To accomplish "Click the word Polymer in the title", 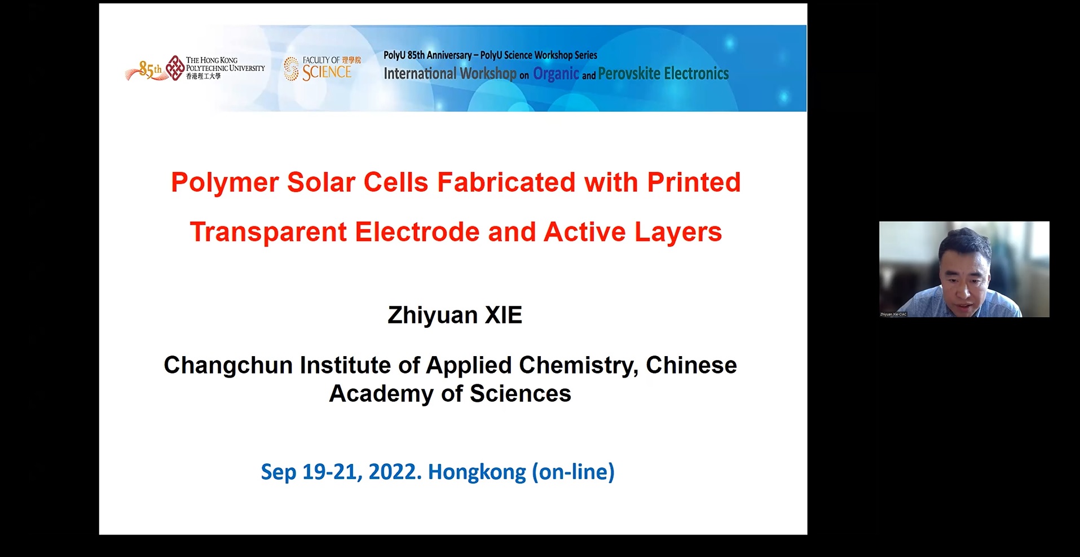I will point(224,183).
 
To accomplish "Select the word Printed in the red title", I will point(694,182).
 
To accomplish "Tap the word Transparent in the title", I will point(268,232).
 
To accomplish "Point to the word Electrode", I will point(417,232).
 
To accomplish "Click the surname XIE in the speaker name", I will point(504,315).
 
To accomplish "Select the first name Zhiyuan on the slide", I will point(433,315).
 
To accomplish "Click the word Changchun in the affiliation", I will point(228,365).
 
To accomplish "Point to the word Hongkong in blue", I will point(477,472).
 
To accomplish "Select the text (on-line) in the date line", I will point(573,472).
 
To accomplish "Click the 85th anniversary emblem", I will point(145,71).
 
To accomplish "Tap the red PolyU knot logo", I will point(175,68).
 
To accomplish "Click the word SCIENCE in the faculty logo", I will point(327,73).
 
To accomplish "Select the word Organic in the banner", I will point(556,74).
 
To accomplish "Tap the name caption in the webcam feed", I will point(893,314).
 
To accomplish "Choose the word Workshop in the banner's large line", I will point(488,74).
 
